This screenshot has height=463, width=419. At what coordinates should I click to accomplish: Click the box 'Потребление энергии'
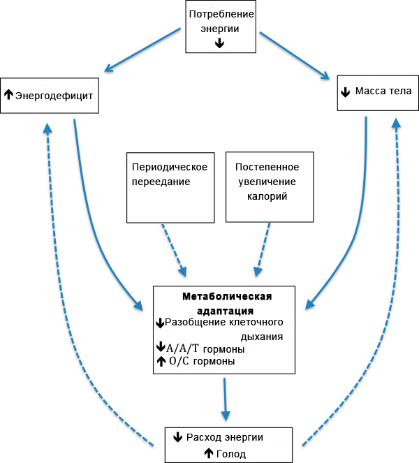click(x=219, y=26)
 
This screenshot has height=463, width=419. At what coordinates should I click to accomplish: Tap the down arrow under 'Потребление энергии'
click(x=219, y=43)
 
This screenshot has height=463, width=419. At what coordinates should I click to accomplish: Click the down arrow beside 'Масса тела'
click(x=345, y=92)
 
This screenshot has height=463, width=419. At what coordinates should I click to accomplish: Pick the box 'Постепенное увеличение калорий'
click(x=267, y=185)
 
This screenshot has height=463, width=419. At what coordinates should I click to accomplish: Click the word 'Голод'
click(x=230, y=454)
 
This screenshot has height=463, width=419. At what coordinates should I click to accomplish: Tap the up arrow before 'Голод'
click(x=208, y=454)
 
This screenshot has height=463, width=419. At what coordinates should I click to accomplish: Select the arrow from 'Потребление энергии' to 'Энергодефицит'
click(x=141, y=50)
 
